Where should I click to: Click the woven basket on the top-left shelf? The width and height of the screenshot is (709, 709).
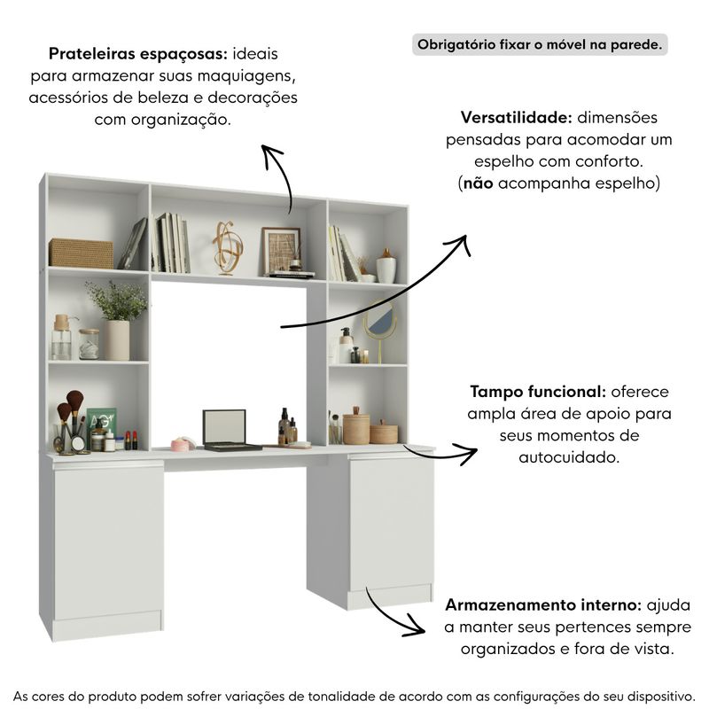(x=81, y=253)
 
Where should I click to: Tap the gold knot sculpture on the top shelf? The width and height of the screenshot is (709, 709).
(x=228, y=248)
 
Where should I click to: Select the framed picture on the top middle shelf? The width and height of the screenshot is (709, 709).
(x=281, y=251)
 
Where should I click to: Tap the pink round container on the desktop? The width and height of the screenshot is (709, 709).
(x=183, y=444)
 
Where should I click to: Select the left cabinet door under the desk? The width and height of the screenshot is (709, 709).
(x=108, y=541)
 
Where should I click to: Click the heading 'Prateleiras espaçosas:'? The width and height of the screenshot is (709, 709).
(x=138, y=54)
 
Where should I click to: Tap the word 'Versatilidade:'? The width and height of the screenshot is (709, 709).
(x=517, y=118)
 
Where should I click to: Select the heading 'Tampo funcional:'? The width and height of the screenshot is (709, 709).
(x=538, y=392)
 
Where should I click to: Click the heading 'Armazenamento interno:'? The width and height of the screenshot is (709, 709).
(x=543, y=605)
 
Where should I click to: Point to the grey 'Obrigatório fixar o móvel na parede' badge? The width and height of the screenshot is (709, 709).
(x=540, y=45)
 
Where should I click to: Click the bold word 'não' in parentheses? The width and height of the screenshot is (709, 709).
(x=479, y=183)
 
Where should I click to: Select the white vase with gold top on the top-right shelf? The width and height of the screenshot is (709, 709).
(x=386, y=266)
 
